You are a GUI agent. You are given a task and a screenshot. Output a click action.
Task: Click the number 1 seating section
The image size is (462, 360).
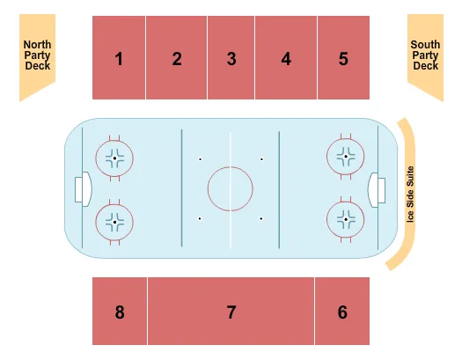pos(119,59)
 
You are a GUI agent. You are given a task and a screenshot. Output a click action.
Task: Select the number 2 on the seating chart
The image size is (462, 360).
pos(177,59)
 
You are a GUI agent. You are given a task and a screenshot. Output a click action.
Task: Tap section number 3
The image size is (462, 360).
pos(231,59)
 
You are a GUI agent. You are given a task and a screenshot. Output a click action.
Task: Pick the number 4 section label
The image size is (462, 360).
pos(286,59)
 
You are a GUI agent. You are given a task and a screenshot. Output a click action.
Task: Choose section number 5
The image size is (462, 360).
pos(343,59)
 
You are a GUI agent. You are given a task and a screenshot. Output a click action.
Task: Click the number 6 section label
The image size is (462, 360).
pos(342,312)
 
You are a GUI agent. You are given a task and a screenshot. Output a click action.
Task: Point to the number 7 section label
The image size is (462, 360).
pos(231,312)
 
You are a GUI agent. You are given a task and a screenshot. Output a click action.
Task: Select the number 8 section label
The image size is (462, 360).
pos(120,312)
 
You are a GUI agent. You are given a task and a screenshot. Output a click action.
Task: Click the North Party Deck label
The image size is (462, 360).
pos(38,55)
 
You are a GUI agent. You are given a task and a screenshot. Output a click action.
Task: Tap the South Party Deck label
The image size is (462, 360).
pos(425,55)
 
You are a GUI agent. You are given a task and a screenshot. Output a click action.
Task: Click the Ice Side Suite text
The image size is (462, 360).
pos(410,195)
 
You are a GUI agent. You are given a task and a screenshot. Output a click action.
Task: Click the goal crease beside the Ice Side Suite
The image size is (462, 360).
pos(372,190)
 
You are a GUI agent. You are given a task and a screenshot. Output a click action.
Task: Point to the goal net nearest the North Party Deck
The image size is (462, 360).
pos(78,190)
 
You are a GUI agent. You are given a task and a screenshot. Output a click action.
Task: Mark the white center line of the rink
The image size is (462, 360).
pos(231,190)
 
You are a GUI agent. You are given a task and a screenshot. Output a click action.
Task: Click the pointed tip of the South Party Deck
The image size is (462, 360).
pos(443,101)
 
